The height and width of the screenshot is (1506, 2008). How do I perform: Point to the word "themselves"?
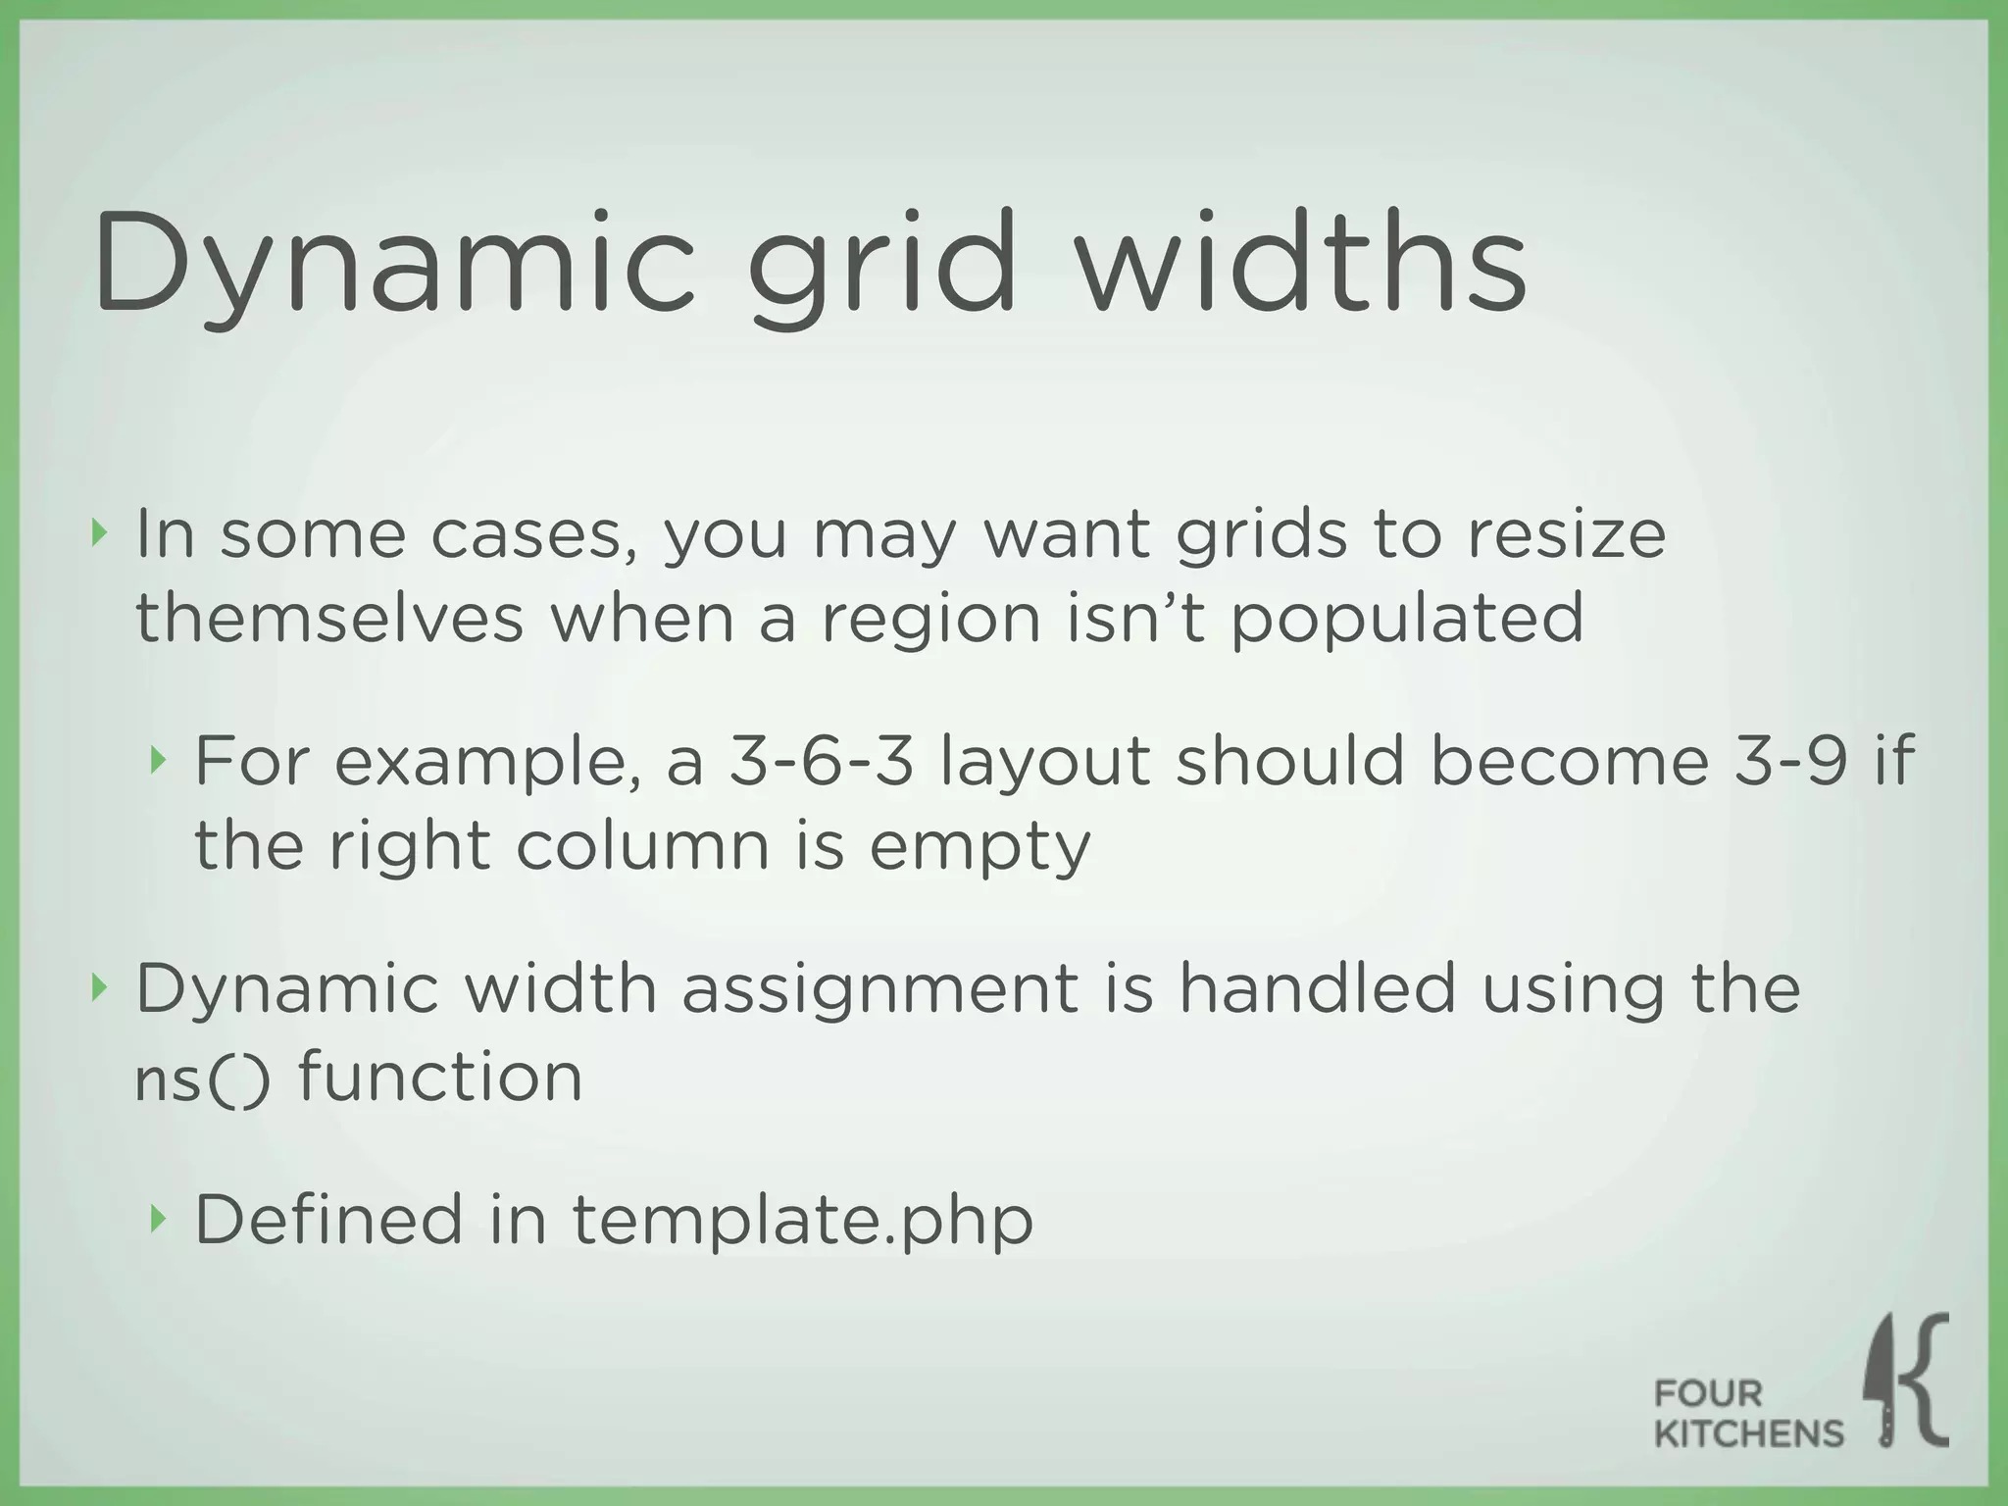pyautogui.click(x=329, y=619)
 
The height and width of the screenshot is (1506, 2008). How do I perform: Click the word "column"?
pyautogui.click(x=643, y=845)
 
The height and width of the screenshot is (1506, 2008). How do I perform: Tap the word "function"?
pyautogui.click(x=440, y=1077)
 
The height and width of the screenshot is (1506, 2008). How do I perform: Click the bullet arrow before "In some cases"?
pyautogui.click(x=97, y=534)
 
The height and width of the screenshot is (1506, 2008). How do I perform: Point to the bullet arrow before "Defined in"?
pyautogui.click(x=158, y=1219)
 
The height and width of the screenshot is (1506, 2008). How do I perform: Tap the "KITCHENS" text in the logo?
pyautogui.click(x=1749, y=1433)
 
